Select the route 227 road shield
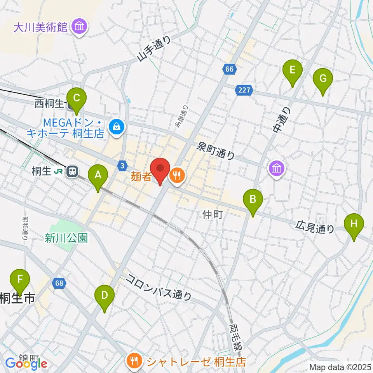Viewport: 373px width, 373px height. tap(243, 91)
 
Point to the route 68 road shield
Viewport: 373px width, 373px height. tap(59, 283)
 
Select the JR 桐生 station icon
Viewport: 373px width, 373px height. tap(72, 171)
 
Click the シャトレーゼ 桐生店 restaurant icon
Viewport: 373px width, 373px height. tap(134, 361)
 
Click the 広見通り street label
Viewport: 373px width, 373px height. tap(315, 227)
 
